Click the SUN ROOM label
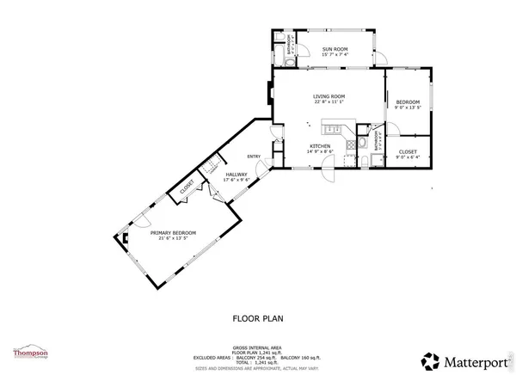click(x=334, y=50)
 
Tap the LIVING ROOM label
click(x=329, y=96)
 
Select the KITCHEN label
click(x=320, y=146)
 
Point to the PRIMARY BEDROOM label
click(x=173, y=233)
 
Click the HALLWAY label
click(x=236, y=175)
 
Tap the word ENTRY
click(x=254, y=156)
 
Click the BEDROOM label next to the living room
click(x=407, y=101)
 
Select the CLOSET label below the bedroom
click(x=408, y=151)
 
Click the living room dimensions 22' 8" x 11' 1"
click(x=329, y=102)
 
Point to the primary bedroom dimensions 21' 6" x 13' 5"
click(x=173, y=239)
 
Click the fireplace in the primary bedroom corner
click(x=125, y=240)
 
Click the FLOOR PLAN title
click(x=258, y=317)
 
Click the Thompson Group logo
click(x=28, y=353)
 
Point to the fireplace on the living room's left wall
click(x=271, y=98)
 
